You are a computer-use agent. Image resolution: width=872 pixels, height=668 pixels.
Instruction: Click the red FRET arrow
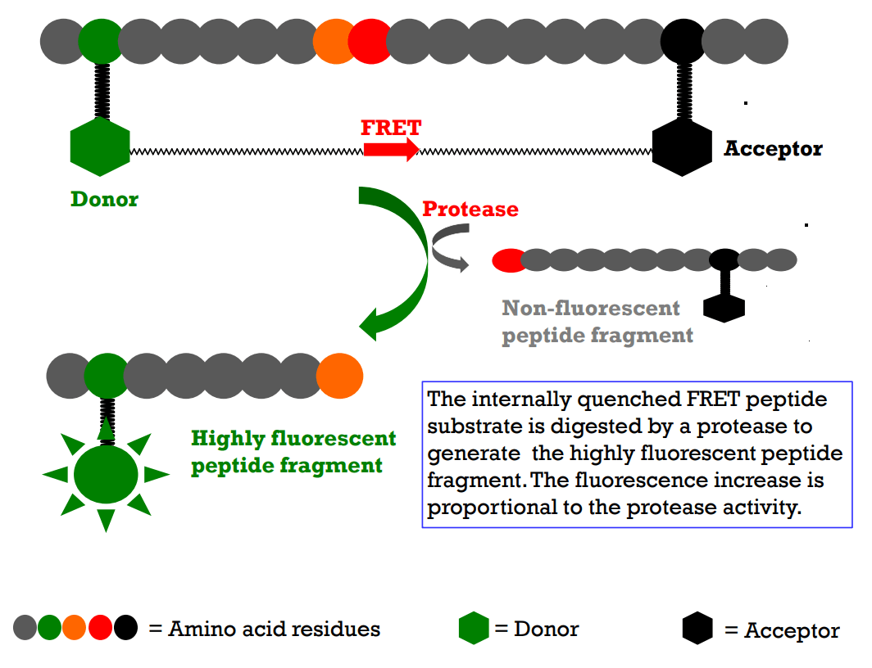pos(391,148)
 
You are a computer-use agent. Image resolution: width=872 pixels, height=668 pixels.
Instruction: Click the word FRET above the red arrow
pos(391,128)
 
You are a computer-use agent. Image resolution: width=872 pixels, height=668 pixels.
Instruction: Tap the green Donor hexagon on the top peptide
pos(100,147)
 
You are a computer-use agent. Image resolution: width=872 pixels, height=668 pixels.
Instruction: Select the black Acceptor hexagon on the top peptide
pos(682,148)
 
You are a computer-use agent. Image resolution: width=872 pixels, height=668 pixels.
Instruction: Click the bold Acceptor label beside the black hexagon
pos(773,149)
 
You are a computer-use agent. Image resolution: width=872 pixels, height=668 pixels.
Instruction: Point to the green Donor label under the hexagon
pos(104,199)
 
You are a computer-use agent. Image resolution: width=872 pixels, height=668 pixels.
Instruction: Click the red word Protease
pos(470,209)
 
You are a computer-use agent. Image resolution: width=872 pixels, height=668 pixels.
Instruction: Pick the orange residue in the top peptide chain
pos(332,40)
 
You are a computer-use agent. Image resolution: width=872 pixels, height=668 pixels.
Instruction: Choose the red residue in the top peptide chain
pos(370,40)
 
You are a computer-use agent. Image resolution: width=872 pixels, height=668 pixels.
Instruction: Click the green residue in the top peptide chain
pos(100,40)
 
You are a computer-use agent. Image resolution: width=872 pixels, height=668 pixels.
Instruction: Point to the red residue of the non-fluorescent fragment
pos(508,260)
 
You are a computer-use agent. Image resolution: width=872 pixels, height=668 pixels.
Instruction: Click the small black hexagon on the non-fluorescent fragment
pos(724,307)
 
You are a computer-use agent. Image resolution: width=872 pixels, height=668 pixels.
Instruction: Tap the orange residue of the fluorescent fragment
pos(339,375)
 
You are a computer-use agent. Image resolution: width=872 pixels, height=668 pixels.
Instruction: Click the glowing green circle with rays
pos(106,474)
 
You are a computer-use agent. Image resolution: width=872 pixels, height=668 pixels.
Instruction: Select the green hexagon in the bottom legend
pos(474,629)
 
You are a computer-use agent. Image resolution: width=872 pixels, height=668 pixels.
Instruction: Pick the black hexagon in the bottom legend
pos(697,629)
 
